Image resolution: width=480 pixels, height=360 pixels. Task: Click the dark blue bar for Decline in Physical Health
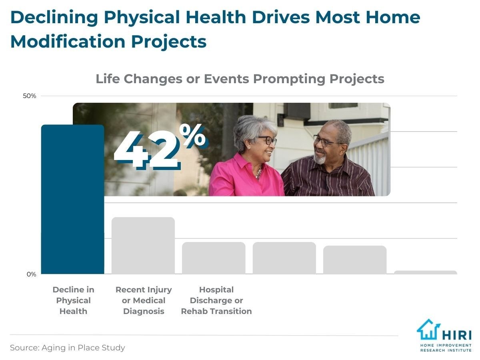pos(73,199)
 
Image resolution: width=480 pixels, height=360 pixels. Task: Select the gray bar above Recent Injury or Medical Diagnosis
pos(143,246)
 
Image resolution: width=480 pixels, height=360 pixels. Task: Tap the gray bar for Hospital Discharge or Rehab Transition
pos(214,258)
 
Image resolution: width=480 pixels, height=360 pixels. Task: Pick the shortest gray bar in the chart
pos(425,272)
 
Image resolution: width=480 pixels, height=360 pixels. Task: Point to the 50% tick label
pos(30,96)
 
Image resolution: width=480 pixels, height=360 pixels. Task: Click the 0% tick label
pos(31,274)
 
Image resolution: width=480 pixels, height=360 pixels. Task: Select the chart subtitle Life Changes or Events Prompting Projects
pos(240,79)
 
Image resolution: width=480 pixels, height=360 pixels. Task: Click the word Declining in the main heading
pos(54,18)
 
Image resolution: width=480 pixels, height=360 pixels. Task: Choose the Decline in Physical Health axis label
pos(74,300)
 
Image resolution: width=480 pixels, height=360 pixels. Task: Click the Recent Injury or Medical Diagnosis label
pos(144,300)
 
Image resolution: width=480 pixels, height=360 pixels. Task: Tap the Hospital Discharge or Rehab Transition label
pos(216,300)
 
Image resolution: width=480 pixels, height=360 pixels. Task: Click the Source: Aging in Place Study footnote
pos(67,348)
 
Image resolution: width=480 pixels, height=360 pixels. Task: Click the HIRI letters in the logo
pos(457,335)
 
